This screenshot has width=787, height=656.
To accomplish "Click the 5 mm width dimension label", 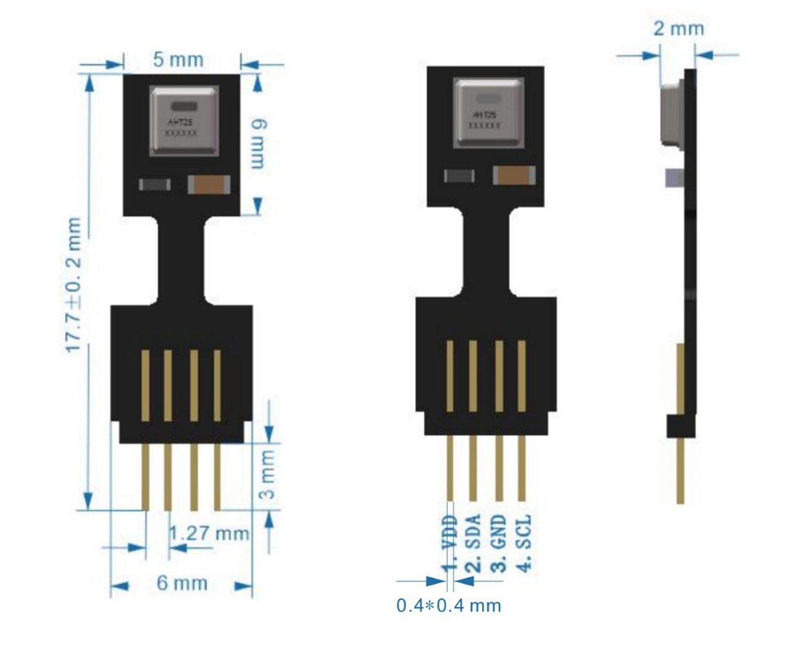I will [178, 60].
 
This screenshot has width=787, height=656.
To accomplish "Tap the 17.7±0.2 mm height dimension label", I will [74, 285].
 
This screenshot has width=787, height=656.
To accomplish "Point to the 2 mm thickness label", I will [678, 29].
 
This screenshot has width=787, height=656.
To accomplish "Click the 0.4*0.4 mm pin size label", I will [449, 605].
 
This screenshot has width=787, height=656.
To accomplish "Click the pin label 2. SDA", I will [474, 542].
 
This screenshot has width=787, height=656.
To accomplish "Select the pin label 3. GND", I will [498, 542].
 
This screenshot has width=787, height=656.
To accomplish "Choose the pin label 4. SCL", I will [523, 542].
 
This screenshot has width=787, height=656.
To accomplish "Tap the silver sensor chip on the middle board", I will [488, 113].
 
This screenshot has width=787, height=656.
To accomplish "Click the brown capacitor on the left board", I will [209, 185].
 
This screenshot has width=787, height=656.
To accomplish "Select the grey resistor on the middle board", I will [459, 176].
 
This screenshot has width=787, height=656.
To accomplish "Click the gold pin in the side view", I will [680, 469].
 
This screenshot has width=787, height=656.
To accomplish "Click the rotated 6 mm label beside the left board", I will [258, 143].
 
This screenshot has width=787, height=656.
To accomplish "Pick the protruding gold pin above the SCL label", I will [522, 467].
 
